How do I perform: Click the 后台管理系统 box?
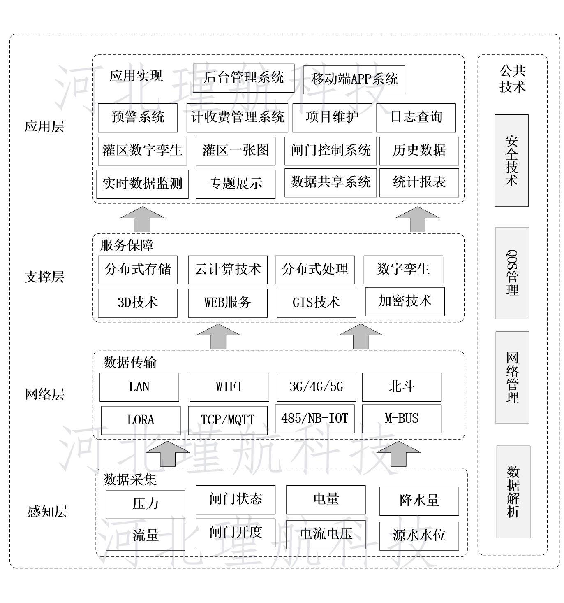243,78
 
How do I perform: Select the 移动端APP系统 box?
354,79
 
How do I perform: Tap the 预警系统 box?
137,117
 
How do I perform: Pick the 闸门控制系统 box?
331,151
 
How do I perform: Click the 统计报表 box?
419,183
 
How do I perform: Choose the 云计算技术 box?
228,270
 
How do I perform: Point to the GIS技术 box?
316,303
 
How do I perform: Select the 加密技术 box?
405,301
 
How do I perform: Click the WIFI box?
229,387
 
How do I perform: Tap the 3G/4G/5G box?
316,387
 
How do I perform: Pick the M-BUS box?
402,419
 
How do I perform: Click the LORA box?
141,421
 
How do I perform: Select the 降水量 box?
419,501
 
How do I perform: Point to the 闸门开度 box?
236,533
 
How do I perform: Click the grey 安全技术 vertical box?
511,160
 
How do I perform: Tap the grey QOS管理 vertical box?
513,273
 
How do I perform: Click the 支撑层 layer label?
44,277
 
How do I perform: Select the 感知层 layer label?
47,511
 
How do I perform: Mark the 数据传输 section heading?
130,363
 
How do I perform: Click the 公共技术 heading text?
513,79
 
